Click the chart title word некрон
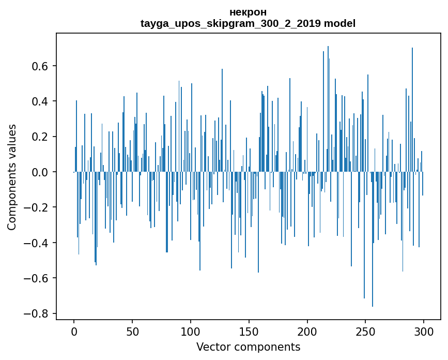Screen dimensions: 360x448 (248, 12)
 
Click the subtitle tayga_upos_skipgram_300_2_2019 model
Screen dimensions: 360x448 (248, 23)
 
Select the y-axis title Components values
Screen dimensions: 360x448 (12, 177)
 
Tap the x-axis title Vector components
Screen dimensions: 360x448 (248, 347)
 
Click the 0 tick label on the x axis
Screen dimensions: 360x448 (74, 331)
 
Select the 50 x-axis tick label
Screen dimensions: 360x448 (132, 331)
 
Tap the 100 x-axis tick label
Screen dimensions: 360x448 (191, 331)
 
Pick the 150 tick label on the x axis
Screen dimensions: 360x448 (249, 331)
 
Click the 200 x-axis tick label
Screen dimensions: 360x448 (307, 331)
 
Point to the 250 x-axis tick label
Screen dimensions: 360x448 (366, 331)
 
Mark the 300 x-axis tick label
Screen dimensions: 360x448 (424, 331)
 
